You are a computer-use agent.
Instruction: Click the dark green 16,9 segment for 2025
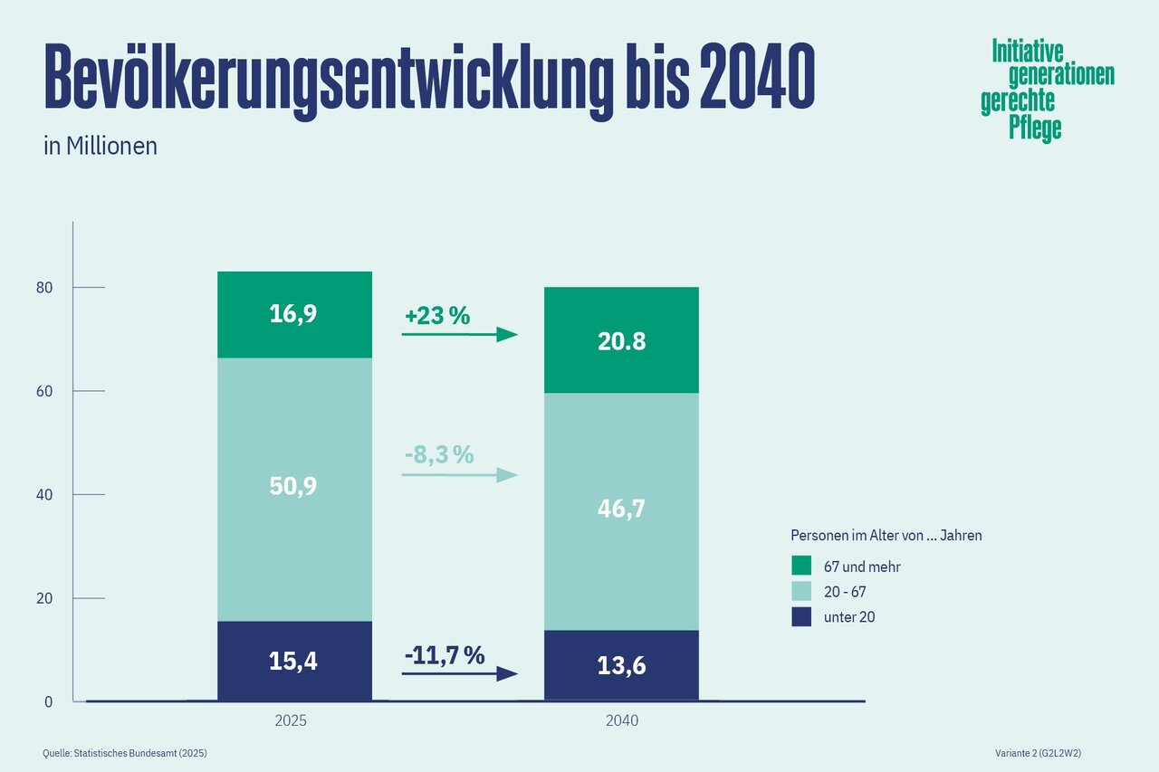(294, 314)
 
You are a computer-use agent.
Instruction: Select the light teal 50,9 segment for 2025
(294, 489)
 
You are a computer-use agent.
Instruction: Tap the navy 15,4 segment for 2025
(294, 661)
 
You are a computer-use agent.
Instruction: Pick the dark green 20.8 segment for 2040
(621, 340)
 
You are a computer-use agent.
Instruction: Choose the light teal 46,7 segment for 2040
(621, 510)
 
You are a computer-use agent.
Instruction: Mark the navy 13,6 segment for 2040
(621, 665)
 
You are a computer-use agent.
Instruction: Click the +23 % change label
(437, 316)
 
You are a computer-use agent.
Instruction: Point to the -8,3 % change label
(439, 454)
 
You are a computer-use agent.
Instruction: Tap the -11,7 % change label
(444, 654)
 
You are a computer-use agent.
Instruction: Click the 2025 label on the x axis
(291, 721)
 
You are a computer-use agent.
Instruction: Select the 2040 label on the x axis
(621, 721)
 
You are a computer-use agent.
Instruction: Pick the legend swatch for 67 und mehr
(801, 567)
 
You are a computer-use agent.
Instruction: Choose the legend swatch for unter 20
(801, 617)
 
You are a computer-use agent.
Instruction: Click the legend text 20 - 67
(845, 592)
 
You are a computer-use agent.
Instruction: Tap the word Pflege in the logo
(1035, 129)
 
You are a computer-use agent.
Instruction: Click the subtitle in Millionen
(101, 146)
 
